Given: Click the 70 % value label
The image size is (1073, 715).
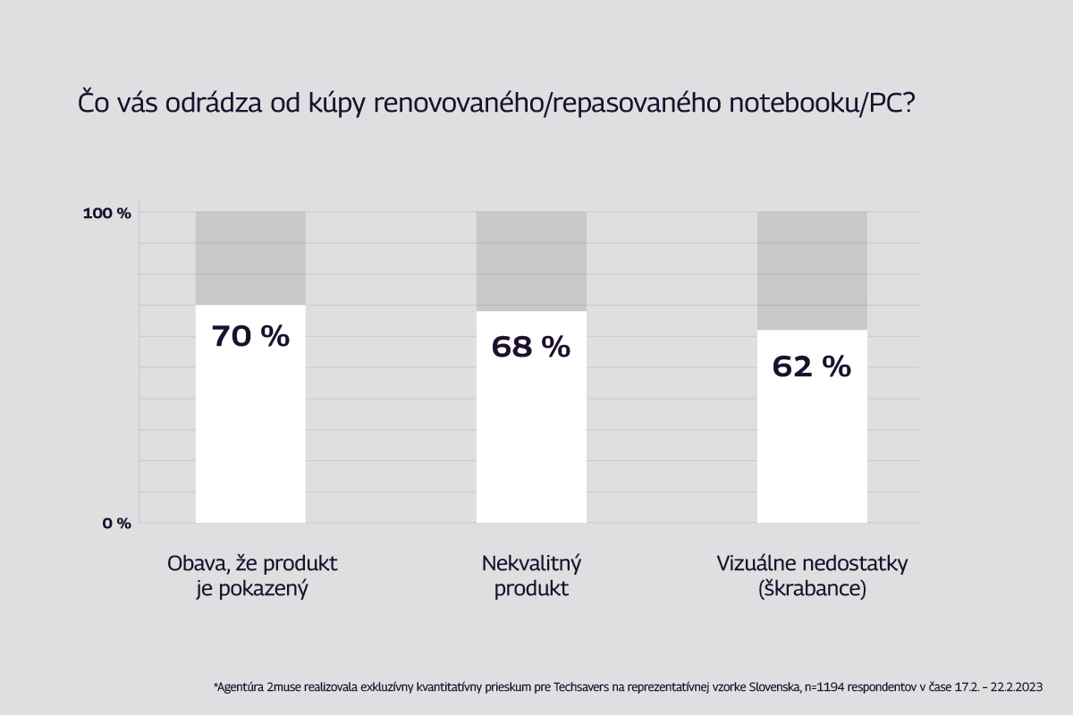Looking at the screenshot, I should (x=250, y=337).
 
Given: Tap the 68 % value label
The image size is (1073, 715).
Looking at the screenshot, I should (x=530, y=347).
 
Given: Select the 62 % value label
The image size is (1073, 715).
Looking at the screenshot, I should (x=811, y=366).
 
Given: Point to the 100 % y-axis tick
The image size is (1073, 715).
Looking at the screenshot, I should (x=107, y=213).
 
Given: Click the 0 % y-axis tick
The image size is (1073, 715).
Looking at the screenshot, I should (x=115, y=523).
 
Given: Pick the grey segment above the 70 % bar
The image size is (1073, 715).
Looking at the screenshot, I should (x=250, y=258).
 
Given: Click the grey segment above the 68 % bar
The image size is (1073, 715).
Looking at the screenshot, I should (x=531, y=261).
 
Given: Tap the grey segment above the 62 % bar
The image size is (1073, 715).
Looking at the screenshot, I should (x=812, y=271).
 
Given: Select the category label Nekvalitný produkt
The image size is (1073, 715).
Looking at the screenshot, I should (x=531, y=576).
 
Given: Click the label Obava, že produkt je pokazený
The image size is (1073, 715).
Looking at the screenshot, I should (x=251, y=576).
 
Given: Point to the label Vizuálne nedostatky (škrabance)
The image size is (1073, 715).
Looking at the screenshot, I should (x=812, y=576).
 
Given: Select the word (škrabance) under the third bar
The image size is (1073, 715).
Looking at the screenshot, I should (x=812, y=590).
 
